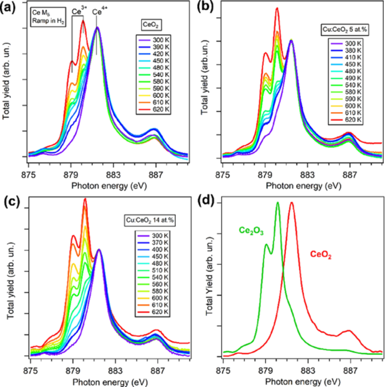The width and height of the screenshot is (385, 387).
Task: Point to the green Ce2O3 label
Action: (251, 231)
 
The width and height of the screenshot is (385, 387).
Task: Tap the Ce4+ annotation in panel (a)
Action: (100, 12)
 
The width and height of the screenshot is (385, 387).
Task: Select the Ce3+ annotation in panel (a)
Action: (78, 12)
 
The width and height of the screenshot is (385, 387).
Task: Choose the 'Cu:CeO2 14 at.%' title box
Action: (147, 220)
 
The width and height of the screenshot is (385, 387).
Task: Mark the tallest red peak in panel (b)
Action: (277, 8)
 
